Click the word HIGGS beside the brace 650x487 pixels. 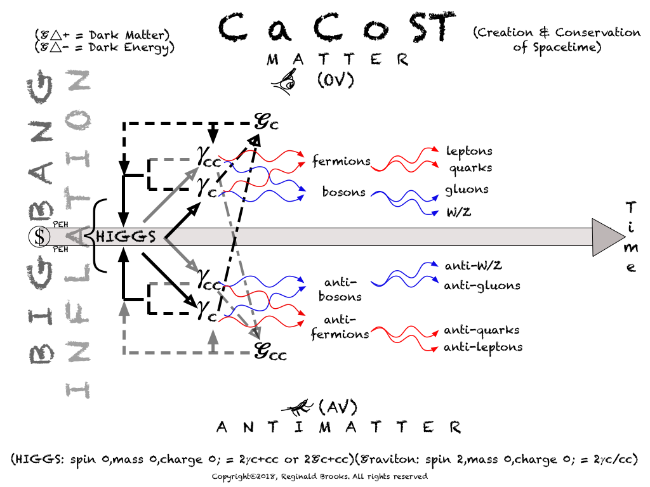point(126,237)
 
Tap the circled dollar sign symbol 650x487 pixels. point(40,237)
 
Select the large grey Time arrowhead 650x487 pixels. point(607,237)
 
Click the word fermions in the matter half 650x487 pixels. point(342,162)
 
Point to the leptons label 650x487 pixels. point(469,152)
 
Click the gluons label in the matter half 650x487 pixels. point(467,189)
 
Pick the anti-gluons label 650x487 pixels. point(482,286)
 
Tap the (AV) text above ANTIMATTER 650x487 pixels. point(338,405)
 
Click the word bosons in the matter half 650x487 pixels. point(343,192)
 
